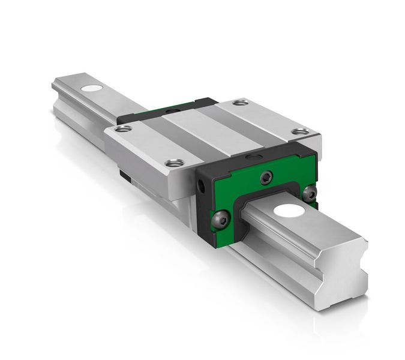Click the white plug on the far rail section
pyautogui.click(x=91, y=89)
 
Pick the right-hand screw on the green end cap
pyautogui.click(x=310, y=193)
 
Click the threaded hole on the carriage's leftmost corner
pyautogui.click(x=123, y=128)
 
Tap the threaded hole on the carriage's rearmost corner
pyautogui.click(x=241, y=103)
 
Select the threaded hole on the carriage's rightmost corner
pyautogui.click(x=299, y=131)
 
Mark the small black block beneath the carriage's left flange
pyautogui.click(x=124, y=175)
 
